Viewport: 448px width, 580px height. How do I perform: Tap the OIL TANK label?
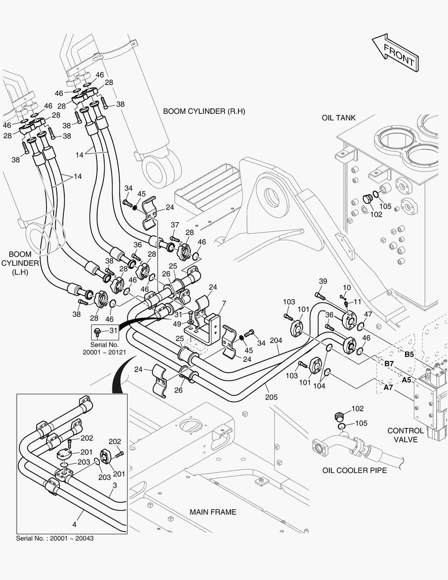point(339,118)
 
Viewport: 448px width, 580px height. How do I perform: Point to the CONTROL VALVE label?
point(406,435)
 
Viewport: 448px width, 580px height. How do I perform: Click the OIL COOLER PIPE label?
point(355,470)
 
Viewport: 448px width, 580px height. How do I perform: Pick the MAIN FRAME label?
point(213,512)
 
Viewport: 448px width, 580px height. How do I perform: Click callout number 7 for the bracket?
point(224,304)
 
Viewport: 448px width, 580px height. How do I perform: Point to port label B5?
point(409,354)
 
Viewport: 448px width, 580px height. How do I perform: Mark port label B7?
point(390,364)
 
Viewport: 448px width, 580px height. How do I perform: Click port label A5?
point(406,380)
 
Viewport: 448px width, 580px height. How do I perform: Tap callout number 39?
point(322,281)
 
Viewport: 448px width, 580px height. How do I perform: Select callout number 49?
point(178,323)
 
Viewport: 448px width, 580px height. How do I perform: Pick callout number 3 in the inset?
point(114,485)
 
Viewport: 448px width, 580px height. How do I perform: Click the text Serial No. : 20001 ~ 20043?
point(55,538)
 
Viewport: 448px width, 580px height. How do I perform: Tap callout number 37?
point(175,224)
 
